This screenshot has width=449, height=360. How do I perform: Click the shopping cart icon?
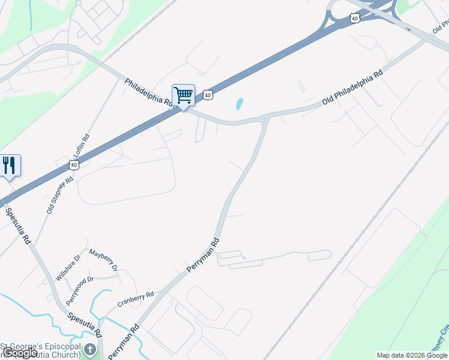pyautogui.click(x=183, y=95)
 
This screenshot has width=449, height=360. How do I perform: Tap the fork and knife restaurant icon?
pyautogui.click(x=8, y=165)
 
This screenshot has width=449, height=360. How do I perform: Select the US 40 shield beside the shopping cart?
pyautogui.click(x=208, y=95)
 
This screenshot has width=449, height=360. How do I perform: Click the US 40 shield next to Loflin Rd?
pyautogui.click(x=74, y=164)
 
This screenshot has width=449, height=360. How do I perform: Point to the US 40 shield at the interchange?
pyautogui.click(x=355, y=19)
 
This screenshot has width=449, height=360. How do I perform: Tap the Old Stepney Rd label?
pyautogui.click(x=60, y=196)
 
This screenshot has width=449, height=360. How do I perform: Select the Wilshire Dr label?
pyautogui.click(x=68, y=268)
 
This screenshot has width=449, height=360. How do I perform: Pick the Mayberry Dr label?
pyautogui.click(x=103, y=259)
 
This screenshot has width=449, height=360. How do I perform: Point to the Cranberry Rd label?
pyautogui.click(x=136, y=298)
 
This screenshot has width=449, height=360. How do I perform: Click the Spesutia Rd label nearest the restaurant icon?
pyautogui.click(x=18, y=225)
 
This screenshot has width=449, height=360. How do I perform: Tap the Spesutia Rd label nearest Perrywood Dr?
pyautogui.click(x=84, y=325)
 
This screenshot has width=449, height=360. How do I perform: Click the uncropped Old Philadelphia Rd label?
pyautogui.click(x=352, y=89)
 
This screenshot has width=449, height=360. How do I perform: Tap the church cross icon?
pyautogui.click(x=89, y=349)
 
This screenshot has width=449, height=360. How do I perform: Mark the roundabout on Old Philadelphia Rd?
pyautogui.click(x=265, y=119)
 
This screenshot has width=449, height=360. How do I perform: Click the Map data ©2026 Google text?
pyautogui.click(x=412, y=355)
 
